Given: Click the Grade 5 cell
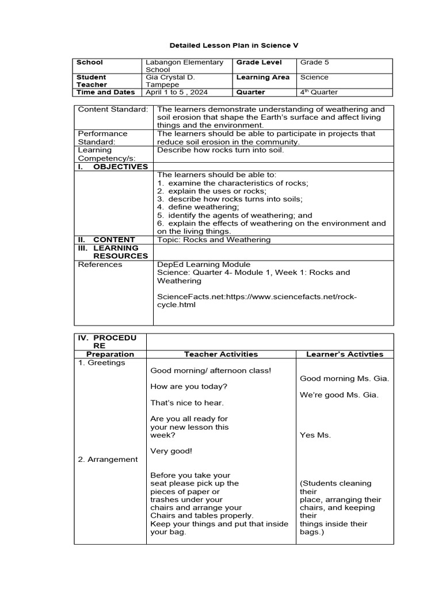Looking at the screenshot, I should pyautogui.click(x=314, y=62).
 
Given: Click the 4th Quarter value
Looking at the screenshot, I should pyautogui.click(x=319, y=92).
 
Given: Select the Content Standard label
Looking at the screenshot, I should pyautogui.click(x=113, y=109).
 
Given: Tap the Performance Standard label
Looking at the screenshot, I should pyautogui.click(x=103, y=137).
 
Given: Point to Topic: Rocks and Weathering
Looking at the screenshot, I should pyautogui.click(x=214, y=239).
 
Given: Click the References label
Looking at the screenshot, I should pyautogui.click(x=100, y=265).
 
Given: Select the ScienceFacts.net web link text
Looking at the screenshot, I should pyautogui.click(x=257, y=301).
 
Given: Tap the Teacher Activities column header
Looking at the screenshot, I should pyautogui.click(x=221, y=354).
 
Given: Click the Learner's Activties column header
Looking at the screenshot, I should pyautogui.click(x=344, y=354).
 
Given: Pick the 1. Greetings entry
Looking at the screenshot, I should pyautogui.click(x=102, y=363).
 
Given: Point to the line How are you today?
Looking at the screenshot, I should pyautogui.click(x=189, y=387).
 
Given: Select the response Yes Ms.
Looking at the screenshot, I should pyautogui.click(x=315, y=435).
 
